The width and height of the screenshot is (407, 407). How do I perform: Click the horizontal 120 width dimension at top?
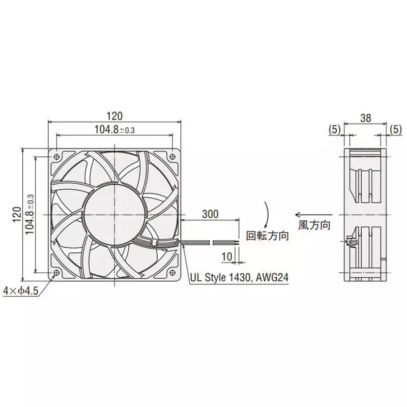(115, 116)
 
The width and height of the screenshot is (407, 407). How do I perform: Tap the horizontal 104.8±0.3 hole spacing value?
(114, 130)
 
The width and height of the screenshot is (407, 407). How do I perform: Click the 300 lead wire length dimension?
(210, 214)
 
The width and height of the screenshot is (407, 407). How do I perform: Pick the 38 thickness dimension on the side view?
(365, 118)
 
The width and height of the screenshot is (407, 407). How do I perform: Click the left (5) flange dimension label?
(334, 130)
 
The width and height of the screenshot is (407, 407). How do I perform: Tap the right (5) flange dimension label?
(395, 130)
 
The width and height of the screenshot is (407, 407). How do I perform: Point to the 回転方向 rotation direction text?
(268, 236)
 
